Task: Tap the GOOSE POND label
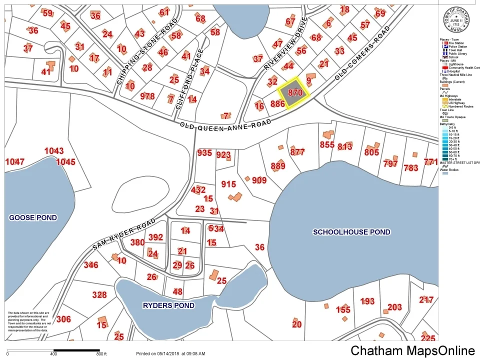click(x=33, y=217)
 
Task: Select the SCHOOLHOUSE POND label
click(x=351, y=232)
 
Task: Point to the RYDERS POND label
click(x=168, y=305)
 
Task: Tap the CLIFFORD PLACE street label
click(x=183, y=80)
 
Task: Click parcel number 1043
click(x=54, y=150)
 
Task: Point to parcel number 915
click(x=228, y=184)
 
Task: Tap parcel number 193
click(x=367, y=301)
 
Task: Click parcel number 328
click(x=99, y=295)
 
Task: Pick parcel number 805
click(x=371, y=152)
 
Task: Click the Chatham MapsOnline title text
click(x=412, y=350)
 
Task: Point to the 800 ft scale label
click(x=101, y=354)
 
